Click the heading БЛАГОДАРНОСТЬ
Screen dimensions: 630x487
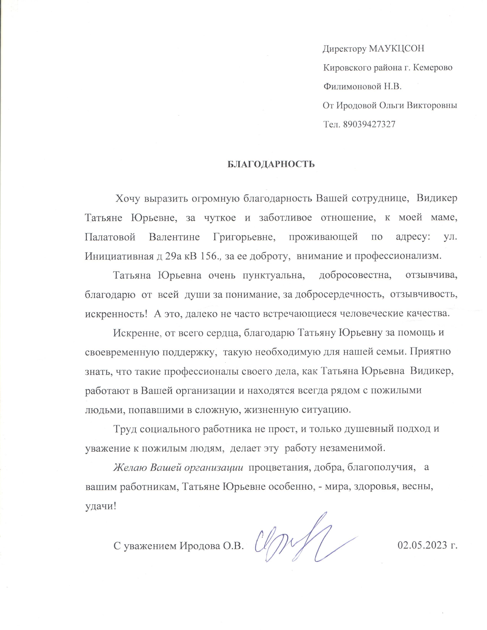point(271,164)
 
